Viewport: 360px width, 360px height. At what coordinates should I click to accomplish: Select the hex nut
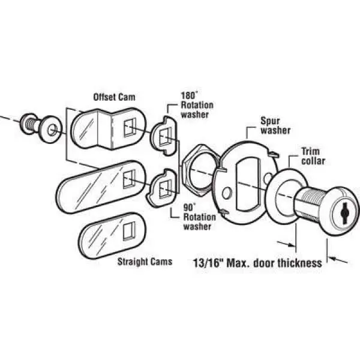coord(199,170)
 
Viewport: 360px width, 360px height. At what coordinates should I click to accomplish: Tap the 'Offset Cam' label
coord(114,97)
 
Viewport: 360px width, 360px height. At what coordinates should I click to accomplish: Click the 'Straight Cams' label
coord(145,262)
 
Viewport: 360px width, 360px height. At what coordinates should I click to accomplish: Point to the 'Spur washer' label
coord(275,126)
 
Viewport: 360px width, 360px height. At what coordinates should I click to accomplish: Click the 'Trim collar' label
coord(313,156)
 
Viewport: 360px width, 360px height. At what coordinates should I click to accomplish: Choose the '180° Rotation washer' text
coord(197,105)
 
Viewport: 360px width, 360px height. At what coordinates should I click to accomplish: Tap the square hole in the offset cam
coord(130,128)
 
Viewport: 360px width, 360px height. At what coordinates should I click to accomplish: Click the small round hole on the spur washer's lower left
coord(227,193)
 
